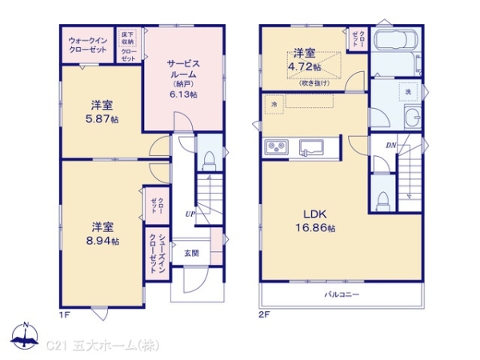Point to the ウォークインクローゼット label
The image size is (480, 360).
click(x=89, y=46)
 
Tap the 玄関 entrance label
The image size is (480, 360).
click(x=193, y=254)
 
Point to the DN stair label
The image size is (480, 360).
click(x=391, y=145)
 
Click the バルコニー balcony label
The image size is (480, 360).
click(x=341, y=294)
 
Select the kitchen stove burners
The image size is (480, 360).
click(x=275, y=147)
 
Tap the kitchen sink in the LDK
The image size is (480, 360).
click(x=309, y=148)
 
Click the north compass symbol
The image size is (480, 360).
click(x=26, y=337)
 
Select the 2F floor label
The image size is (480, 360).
click(x=265, y=314)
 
